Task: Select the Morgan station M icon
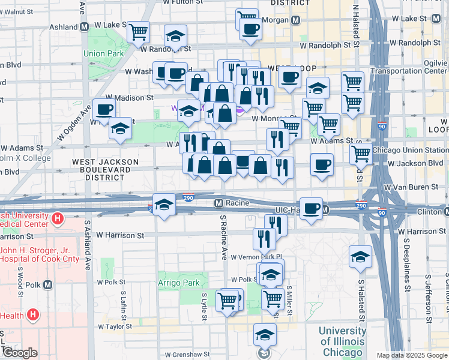point(296,20)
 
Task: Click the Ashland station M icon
point(84,27)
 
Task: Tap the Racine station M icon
point(219,203)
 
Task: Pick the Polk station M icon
point(47,284)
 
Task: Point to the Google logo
point(19,353)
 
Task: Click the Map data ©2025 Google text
point(412,355)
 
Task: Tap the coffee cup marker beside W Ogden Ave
point(104,110)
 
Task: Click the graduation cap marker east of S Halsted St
point(360,257)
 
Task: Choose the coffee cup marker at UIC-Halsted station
point(311,208)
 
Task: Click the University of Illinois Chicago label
point(342,341)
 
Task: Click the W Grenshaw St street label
point(188,355)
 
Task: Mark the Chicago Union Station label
point(410,150)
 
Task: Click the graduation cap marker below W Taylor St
point(264,335)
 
